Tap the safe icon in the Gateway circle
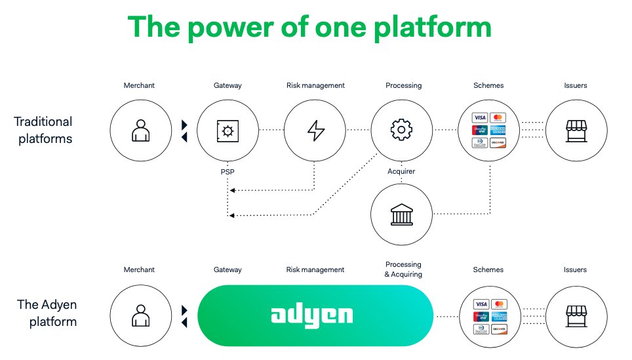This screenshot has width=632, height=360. (x=227, y=130)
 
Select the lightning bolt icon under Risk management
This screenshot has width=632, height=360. (x=315, y=130)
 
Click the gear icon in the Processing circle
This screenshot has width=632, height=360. (x=402, y=130)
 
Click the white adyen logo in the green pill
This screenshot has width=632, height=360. (x=312, y=315)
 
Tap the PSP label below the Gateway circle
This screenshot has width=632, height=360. (x=227, y=171)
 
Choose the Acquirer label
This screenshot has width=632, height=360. (x=402, y=171)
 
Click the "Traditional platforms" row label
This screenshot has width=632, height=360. (x=43, y=130)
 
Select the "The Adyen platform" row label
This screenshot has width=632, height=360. (x=47, y=313)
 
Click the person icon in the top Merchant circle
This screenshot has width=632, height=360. (x=140, y=130)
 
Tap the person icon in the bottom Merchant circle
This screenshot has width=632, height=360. (x=140, y=315)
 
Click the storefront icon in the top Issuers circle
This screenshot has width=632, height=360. (x=576, y=130)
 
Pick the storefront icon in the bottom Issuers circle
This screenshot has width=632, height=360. (x=576, y=315)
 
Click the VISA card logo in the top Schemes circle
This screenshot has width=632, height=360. (x=481, y=118)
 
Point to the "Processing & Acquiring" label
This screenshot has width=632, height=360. (x=403, y=270)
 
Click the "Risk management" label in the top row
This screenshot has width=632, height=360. (x=315, y=85)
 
